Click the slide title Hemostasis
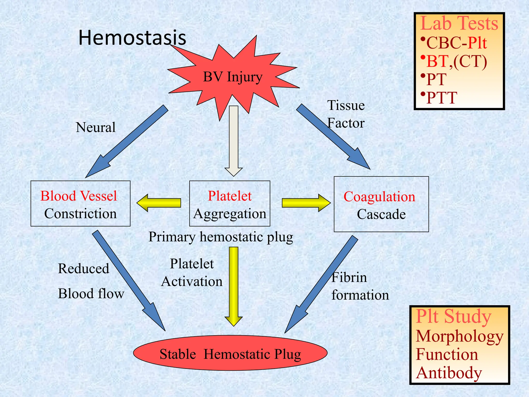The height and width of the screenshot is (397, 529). (x=132, y=38)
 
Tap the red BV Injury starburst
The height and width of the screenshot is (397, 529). (x=232, y=77)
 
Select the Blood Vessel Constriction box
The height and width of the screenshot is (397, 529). (x=80, y=204)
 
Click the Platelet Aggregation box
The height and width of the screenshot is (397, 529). (x=230, y=204)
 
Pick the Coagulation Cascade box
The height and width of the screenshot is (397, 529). (x=381, y=204)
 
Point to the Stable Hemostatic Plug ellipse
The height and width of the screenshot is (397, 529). (x=230, y=353)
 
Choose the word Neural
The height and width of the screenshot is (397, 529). (x=96, y=127)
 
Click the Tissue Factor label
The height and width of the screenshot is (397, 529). (x=346, y=114)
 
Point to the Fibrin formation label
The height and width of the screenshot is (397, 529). (x=360, y=286)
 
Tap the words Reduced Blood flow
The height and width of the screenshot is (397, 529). (x=90, y=281)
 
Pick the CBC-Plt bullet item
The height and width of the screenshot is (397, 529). (x=456, y=43)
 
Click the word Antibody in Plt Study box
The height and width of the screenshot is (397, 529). (x=449, y=373)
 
